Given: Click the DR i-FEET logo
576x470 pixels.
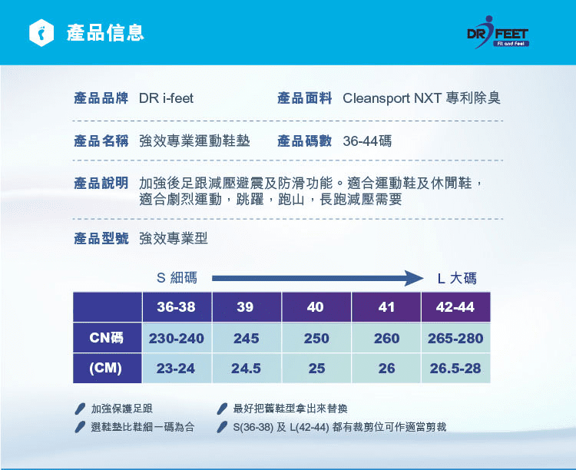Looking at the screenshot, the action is tap(498, 32).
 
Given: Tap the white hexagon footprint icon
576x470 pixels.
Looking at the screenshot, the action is tap(41, 33).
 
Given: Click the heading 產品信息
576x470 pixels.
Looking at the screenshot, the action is tap(105, 33).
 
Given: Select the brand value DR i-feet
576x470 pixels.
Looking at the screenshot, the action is tap(166, 98).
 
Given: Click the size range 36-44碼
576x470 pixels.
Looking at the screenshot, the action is tap(367, 141).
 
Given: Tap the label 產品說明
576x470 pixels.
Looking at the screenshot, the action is tap(101, 183).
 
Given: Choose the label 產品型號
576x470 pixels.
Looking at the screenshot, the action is tap(101, 238).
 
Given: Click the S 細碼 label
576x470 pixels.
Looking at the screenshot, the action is tap(177, 277).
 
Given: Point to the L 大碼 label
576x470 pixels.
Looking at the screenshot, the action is tap(457, 278).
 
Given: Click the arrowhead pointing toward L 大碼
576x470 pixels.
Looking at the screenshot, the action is tap(415, 278).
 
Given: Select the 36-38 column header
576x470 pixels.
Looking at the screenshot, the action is tap(177, 307).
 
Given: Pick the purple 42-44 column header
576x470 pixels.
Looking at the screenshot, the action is tap(455, 307).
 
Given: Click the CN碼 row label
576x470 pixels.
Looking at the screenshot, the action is tap(107, 338).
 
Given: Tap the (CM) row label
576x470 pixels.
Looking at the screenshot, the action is tap(107, 368).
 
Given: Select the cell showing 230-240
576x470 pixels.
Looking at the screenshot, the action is tap(177, 338).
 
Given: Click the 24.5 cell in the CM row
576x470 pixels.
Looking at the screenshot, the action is tap(246, 368).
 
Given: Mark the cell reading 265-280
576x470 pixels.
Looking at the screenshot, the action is tap(455, 338).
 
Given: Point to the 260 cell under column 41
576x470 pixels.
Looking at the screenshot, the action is tap(386, 338).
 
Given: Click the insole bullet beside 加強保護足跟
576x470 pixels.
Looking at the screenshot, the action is tap(80, 409).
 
